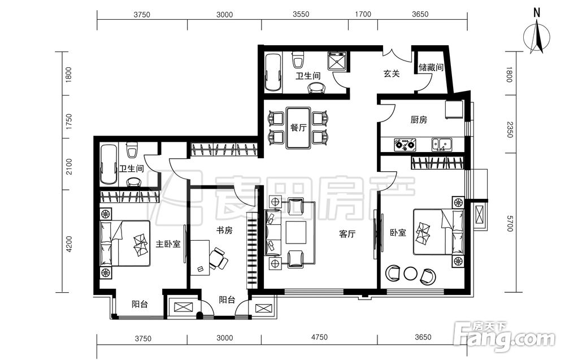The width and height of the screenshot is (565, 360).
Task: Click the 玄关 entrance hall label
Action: (392, 73)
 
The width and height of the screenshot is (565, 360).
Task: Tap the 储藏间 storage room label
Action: (431, 67)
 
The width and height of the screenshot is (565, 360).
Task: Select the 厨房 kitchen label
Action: (419, 119)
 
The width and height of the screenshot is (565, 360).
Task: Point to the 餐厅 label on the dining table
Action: (298, 127)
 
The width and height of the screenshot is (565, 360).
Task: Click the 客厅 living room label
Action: (347, 234)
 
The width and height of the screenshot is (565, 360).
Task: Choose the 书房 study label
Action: (224, 230)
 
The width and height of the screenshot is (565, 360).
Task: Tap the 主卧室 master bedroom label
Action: (168, 244)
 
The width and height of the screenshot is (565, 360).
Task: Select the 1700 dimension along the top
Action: (363, 14)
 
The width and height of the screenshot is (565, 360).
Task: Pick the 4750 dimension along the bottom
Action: (320, 337)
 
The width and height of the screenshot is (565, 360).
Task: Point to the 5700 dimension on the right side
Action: (509, 223)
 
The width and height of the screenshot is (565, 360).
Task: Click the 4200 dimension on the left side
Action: (69, 244)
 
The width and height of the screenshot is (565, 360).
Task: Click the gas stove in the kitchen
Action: (405, 144)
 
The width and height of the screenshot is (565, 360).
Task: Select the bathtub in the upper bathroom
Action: (273, 72)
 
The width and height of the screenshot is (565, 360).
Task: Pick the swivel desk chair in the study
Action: (218, 258)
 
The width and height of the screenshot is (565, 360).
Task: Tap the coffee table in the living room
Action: (296, 233)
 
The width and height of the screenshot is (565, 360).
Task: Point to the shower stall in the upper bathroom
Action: (337, 61)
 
